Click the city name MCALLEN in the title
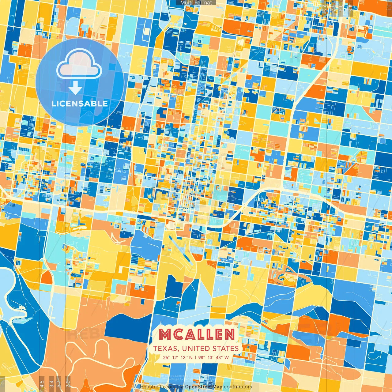pyautogui.click(x=197, y=334)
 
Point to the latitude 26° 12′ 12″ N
pyautogui.click(x=178, y=357)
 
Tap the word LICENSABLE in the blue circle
pyautogui.click(x=80, y=104)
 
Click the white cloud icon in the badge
pyautogui.click(x=79, y=63)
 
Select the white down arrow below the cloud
pyautogui.click(x=75, y=88)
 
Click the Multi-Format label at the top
pyautogui.click(x=196, y=3)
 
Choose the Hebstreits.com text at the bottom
pyautogui.click(x=157, y=387)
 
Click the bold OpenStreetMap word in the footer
pyautogui.click(x=204, y=387)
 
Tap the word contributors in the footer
pyautogui.click(x=238, y=387)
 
